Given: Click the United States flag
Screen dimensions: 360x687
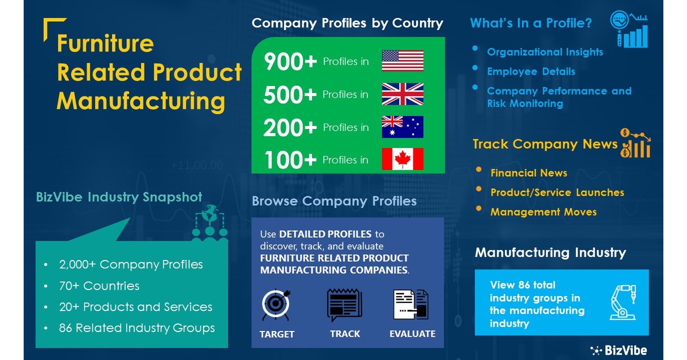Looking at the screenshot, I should coord(402,61).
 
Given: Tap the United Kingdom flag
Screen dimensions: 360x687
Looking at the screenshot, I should coord(402,94).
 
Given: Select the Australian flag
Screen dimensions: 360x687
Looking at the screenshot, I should coord(402,127).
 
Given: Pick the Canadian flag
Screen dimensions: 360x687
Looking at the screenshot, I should coord(402,159).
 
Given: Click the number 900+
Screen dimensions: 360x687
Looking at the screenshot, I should coord(290,62).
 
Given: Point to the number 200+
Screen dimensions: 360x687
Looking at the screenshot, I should coord(290,128).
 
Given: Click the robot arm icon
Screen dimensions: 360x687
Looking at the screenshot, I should coord(624,302).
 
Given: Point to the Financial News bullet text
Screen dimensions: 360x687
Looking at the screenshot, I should coord(529,173).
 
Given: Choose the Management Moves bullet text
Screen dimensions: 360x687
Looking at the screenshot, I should coord(543,212).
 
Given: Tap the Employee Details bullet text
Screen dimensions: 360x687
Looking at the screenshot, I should coord(531,71).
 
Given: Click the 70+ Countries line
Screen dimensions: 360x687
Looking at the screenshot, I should coord(99,286).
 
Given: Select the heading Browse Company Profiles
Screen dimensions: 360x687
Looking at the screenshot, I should coord(334,201).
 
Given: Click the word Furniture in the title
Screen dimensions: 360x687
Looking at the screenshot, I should coord(105,44).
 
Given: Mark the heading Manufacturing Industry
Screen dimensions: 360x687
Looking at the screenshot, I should coord(550,253).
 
